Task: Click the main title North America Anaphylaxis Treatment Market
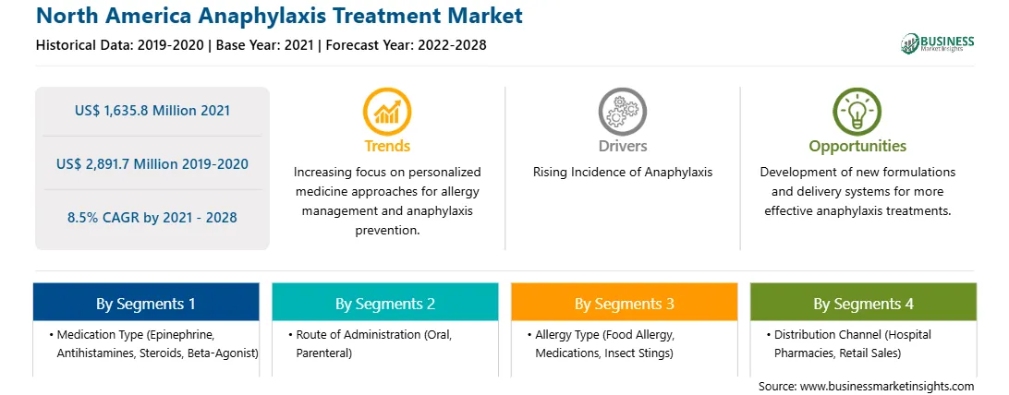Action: pos(279,16)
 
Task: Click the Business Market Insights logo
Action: pos(938,43)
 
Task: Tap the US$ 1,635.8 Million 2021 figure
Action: pos(152,111)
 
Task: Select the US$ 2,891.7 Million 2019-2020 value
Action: pos(152,163)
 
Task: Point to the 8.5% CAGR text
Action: pos(152,218)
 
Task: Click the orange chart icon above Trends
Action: pos(387,111)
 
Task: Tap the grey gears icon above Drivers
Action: pos(622,111)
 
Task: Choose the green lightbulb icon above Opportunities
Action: pos(857,111)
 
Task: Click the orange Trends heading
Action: pos(387,146)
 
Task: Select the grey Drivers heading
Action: pos(622,146)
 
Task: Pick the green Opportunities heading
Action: pos(857,147)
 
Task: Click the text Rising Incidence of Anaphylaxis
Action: pos(622,173)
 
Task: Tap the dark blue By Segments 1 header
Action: pos(146,303)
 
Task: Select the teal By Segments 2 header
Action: pos(384,303)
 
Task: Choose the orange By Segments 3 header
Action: pos(625,303)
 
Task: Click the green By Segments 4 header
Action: pos(864,303)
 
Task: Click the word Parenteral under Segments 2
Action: pos(325,353)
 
